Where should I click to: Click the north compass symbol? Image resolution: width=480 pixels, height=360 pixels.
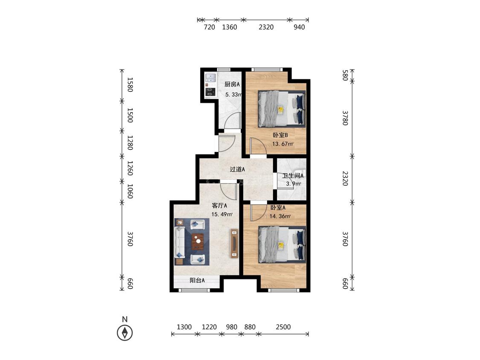tap(125, 332)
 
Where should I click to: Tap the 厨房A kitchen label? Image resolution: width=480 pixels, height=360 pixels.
tap(232, 84)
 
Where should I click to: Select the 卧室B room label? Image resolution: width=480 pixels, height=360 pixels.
tap(280, 135)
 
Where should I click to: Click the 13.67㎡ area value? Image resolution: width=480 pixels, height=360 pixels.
tap(282, 144)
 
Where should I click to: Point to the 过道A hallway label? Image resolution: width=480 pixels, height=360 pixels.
tap(237, 169)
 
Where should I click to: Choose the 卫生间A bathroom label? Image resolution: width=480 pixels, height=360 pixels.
tap(293, 176)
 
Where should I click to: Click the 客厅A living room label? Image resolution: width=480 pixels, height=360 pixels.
tap(219, 206)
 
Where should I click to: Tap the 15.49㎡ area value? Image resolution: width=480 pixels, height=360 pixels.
tap(222, 214)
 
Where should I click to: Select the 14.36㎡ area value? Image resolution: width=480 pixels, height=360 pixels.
tap(280, 216)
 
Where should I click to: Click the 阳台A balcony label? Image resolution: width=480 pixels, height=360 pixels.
tap(197, 280)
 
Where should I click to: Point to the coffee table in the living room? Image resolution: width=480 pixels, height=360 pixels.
tap(198, 241)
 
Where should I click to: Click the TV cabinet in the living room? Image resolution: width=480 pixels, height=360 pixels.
tap(235, 244)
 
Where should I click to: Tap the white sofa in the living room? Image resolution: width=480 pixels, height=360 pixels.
tap(179, 242)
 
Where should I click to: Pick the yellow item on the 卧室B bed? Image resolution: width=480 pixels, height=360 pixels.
tap(280, 110)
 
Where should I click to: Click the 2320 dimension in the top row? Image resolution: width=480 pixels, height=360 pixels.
tap(266, 27)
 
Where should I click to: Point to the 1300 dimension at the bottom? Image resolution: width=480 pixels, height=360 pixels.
tap(184, 327)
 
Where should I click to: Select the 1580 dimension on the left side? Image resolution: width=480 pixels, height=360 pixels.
tap(130, 85)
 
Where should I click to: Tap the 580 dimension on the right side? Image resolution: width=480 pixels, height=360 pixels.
tap(345, 75)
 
